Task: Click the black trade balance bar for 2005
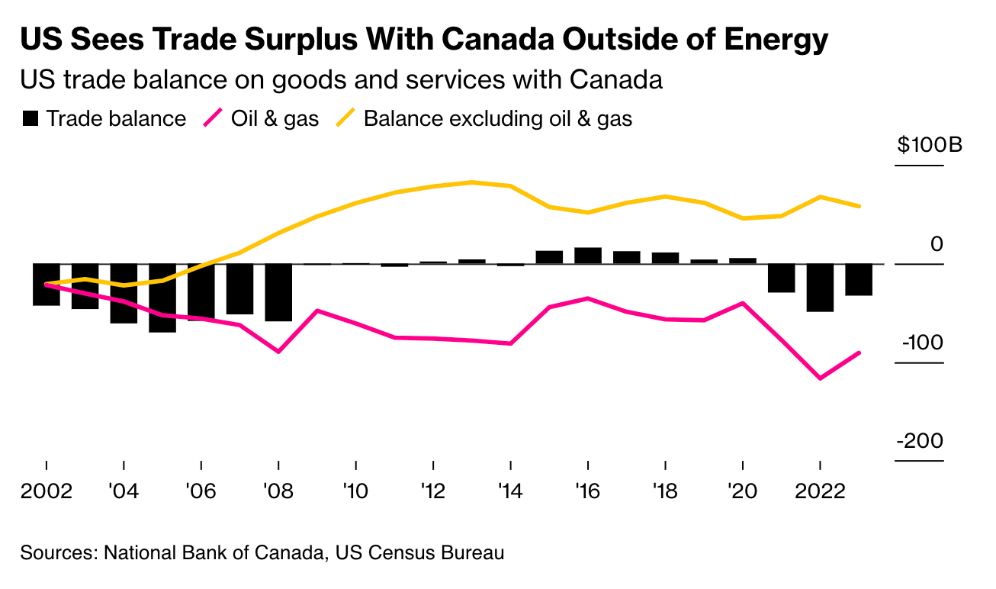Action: coord(162,298)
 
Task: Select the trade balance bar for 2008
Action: coord(278,292)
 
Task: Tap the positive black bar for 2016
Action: coord(588,256)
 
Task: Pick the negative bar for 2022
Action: coord(820,288)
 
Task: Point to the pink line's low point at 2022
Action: coord(820,378)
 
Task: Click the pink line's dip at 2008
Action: coord(278,352)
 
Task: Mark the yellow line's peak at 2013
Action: coord(472,182)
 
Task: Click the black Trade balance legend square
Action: coord(31,119)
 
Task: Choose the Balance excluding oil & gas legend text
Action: coord(498,119)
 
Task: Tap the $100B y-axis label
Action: coord(930,145)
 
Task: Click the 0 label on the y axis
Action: coord(937,244)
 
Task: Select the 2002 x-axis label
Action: coord(47,490)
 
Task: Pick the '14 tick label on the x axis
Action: coord(510,490)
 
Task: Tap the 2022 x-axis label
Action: coord(820,490)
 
